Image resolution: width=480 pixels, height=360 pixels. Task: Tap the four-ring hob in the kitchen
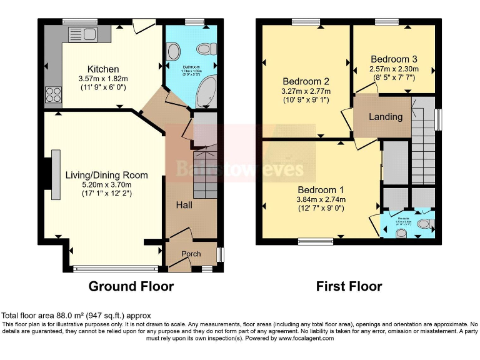(x=52, y=94)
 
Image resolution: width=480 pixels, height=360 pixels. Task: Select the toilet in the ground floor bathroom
(x=205, y=49)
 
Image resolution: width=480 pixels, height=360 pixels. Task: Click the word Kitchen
(x=103, y=69)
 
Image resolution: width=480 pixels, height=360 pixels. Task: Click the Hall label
(x=183, y=205)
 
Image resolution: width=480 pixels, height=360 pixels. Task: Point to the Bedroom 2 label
(x=306, y=81)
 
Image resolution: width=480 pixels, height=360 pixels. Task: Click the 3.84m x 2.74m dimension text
(x=321, y=200)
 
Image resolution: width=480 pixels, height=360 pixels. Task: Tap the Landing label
(x=386, y=117)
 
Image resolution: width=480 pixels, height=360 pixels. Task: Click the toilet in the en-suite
(x=424, y=224)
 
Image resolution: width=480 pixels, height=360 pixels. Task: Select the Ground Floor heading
(x=131, y=286)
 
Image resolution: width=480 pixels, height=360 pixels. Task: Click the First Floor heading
(x=349, y=286)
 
